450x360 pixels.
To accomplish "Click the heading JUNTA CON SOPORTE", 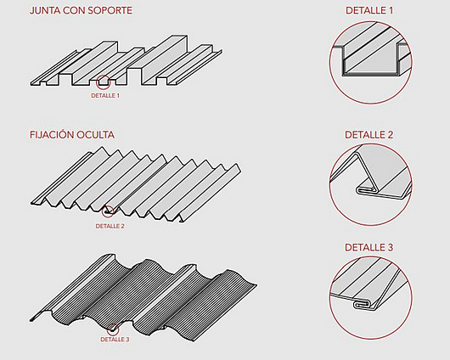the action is pos(81,10).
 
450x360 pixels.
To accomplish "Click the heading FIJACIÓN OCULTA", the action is pos(72,135).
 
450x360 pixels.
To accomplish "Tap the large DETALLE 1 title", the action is pos(369,10).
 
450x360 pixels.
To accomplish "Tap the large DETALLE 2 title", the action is pos(369,135).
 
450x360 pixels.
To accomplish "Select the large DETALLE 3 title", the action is pos(369,247).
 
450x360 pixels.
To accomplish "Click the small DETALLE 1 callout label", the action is pos(105,95).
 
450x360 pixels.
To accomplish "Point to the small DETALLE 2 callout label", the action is pos(110,226).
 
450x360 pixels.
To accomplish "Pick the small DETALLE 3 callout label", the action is pos(115,340).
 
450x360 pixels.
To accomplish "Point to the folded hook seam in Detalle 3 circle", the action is pos(363,305).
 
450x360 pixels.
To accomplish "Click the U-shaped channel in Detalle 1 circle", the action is pos(370,74).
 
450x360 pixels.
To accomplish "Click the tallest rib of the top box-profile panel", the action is pos(164,59).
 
